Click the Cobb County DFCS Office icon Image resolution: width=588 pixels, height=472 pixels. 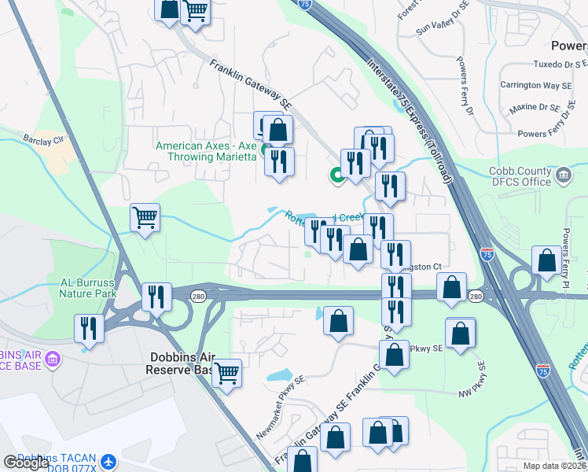[563, 174]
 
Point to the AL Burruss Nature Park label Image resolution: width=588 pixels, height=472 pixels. [88, 288]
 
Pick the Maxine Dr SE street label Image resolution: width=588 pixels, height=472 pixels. [533, 107]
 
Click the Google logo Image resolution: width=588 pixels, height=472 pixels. [26, 463]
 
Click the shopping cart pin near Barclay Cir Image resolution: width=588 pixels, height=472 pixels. [145, 217]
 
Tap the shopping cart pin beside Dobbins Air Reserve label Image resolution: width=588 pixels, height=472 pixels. [227, 372]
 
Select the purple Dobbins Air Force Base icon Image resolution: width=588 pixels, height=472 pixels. [53, 360]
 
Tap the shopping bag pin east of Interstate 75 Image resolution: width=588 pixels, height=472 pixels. [546, 260]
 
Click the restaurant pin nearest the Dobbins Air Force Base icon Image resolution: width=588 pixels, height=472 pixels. [88, 327]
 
